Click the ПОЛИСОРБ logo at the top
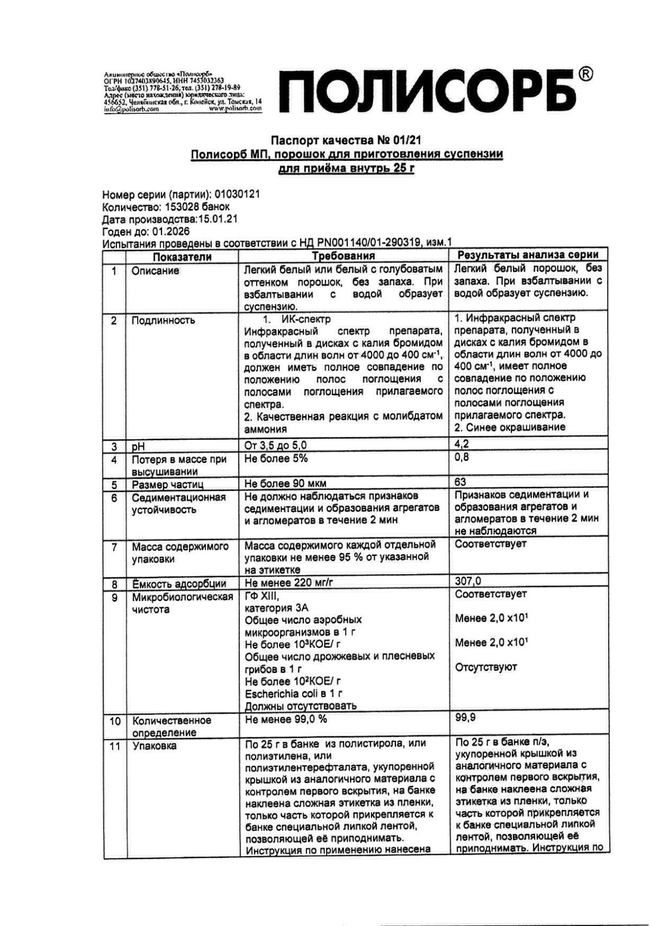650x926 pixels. click(425, 93)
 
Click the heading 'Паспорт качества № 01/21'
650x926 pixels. click(346, 141)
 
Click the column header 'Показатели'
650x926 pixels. click(181, 256)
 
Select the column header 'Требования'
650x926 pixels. click(344, 256)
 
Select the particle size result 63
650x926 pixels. click(461, 481)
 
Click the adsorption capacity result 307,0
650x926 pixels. click(469, 582)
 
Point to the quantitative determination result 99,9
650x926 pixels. click(465, 718)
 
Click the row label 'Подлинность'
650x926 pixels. click(163, 320)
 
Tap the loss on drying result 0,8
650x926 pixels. click(461, 458)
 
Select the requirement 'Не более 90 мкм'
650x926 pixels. click(285, 483)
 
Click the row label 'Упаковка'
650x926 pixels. click(154, 746)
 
